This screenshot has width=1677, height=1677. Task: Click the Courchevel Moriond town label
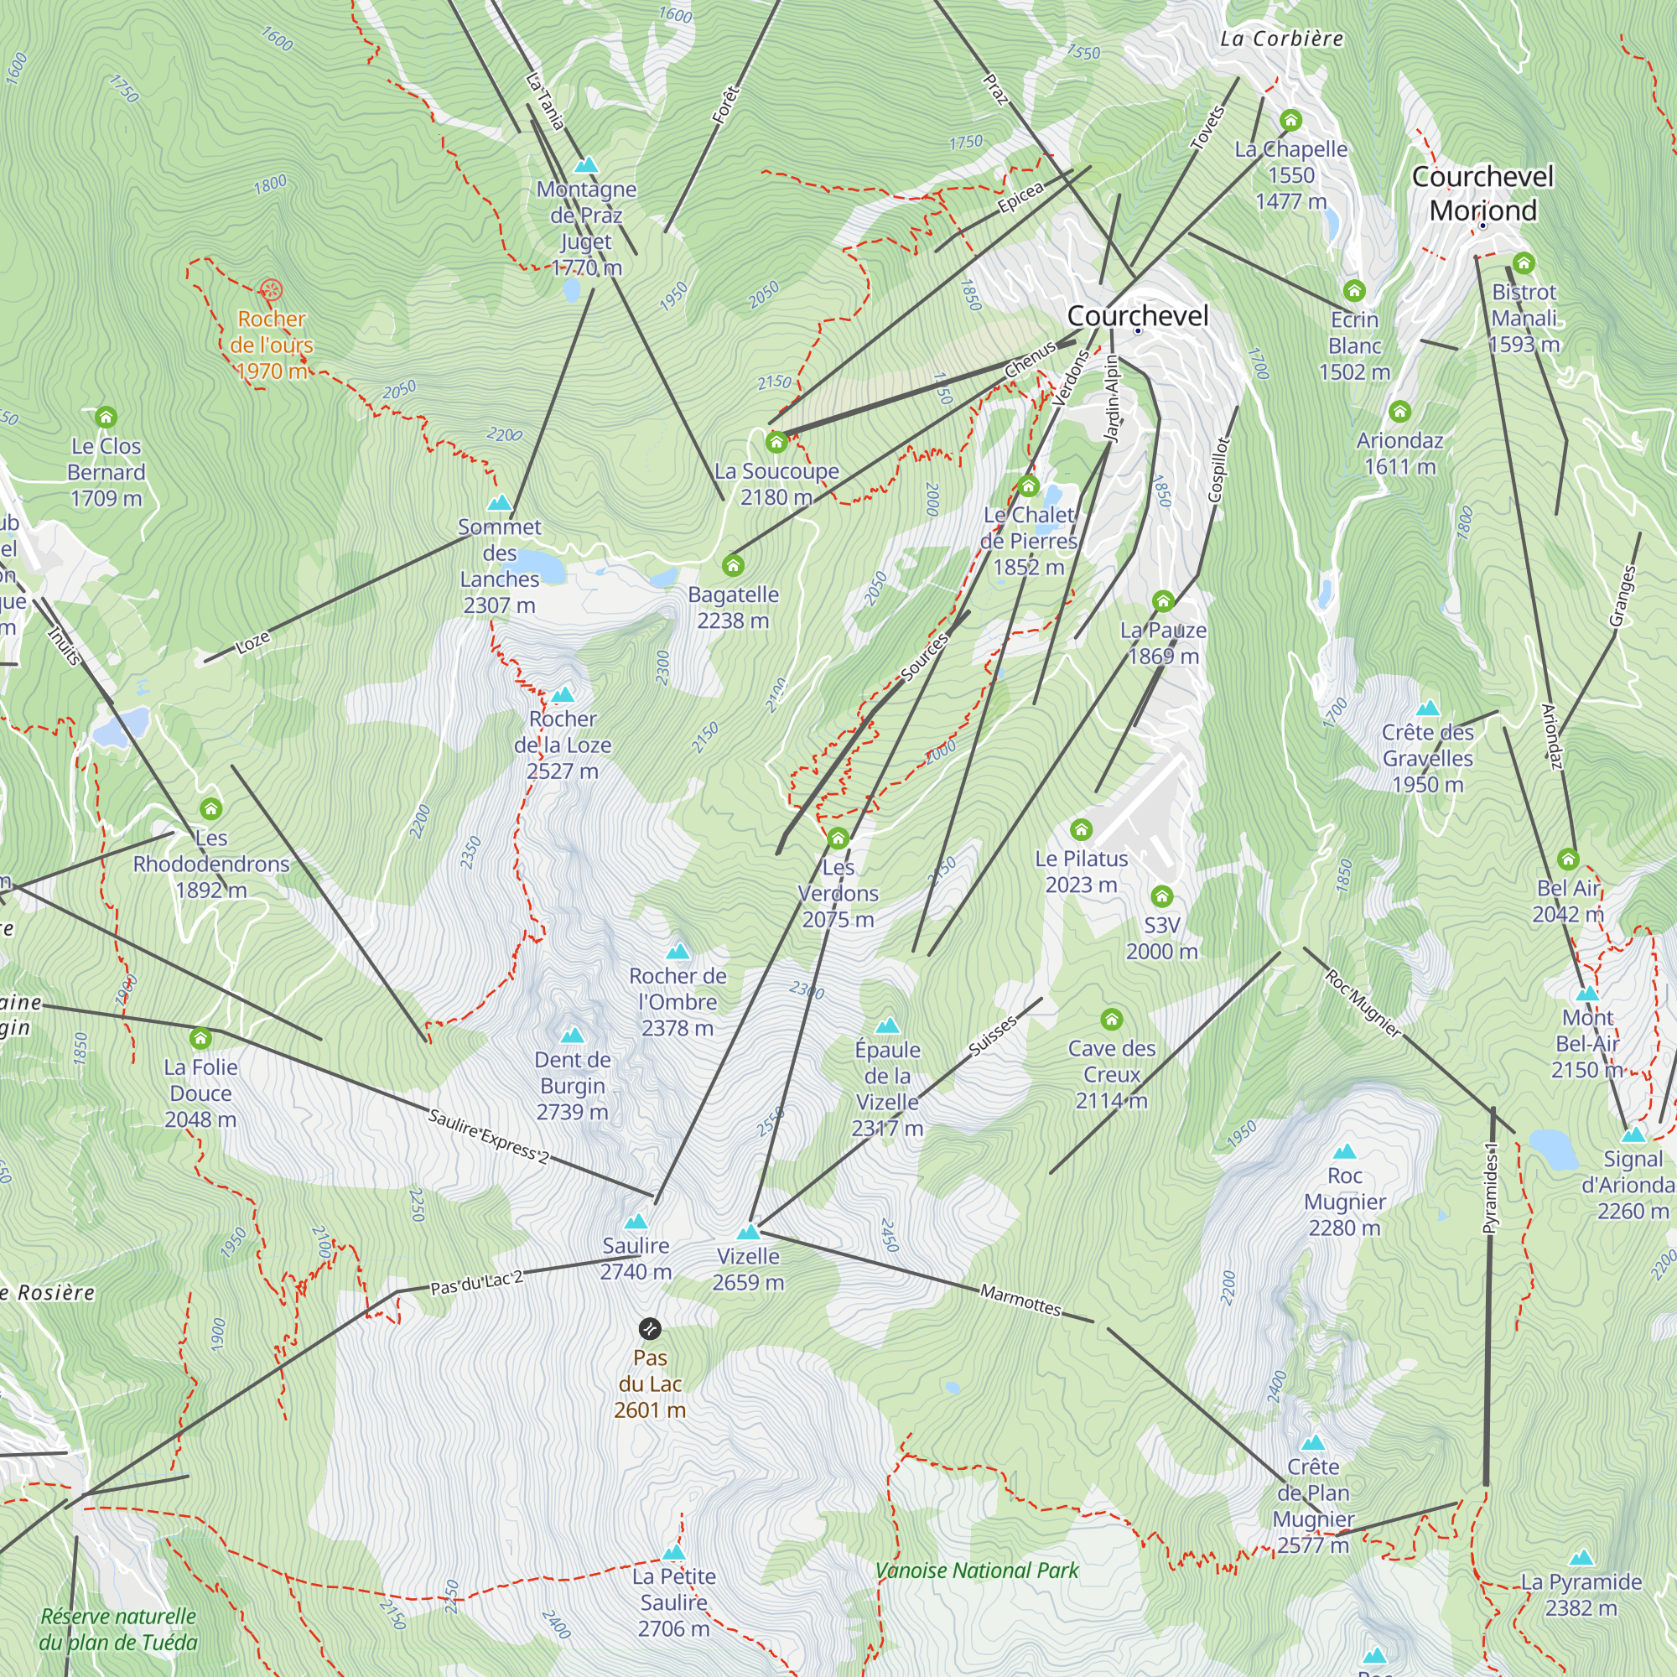[1482, 194]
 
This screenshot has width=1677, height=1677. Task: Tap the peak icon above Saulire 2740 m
[636, 1222]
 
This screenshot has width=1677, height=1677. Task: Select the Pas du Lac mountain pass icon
[649, 1328]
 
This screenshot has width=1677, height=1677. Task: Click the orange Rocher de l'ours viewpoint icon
[271, 289]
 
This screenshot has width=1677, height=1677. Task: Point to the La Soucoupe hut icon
[776, 443]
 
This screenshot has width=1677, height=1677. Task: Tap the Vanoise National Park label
[977, 1571]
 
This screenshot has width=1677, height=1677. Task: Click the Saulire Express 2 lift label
[489, 1136]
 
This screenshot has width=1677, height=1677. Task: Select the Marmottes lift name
[1020, 1300]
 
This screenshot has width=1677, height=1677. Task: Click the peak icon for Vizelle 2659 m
[747, 1232]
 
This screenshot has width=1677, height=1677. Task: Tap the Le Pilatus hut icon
[1081, 830]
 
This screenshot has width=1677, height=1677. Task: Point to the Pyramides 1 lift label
[1490, 1188]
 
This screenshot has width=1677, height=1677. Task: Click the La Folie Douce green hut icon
[200, 1038]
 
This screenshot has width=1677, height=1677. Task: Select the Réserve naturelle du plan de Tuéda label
[118, 1629]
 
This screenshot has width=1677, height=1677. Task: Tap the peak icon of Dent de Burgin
[572, 1036]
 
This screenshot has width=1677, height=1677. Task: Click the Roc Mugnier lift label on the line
[1363, 1004]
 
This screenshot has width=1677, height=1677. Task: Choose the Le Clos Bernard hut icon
[106, 418]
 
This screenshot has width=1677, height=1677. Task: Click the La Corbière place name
[1281, 39]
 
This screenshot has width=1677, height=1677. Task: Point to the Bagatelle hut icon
[733, 566]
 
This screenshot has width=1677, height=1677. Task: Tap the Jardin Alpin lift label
[1112, 399]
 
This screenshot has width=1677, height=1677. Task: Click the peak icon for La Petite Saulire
[673, 1552]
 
